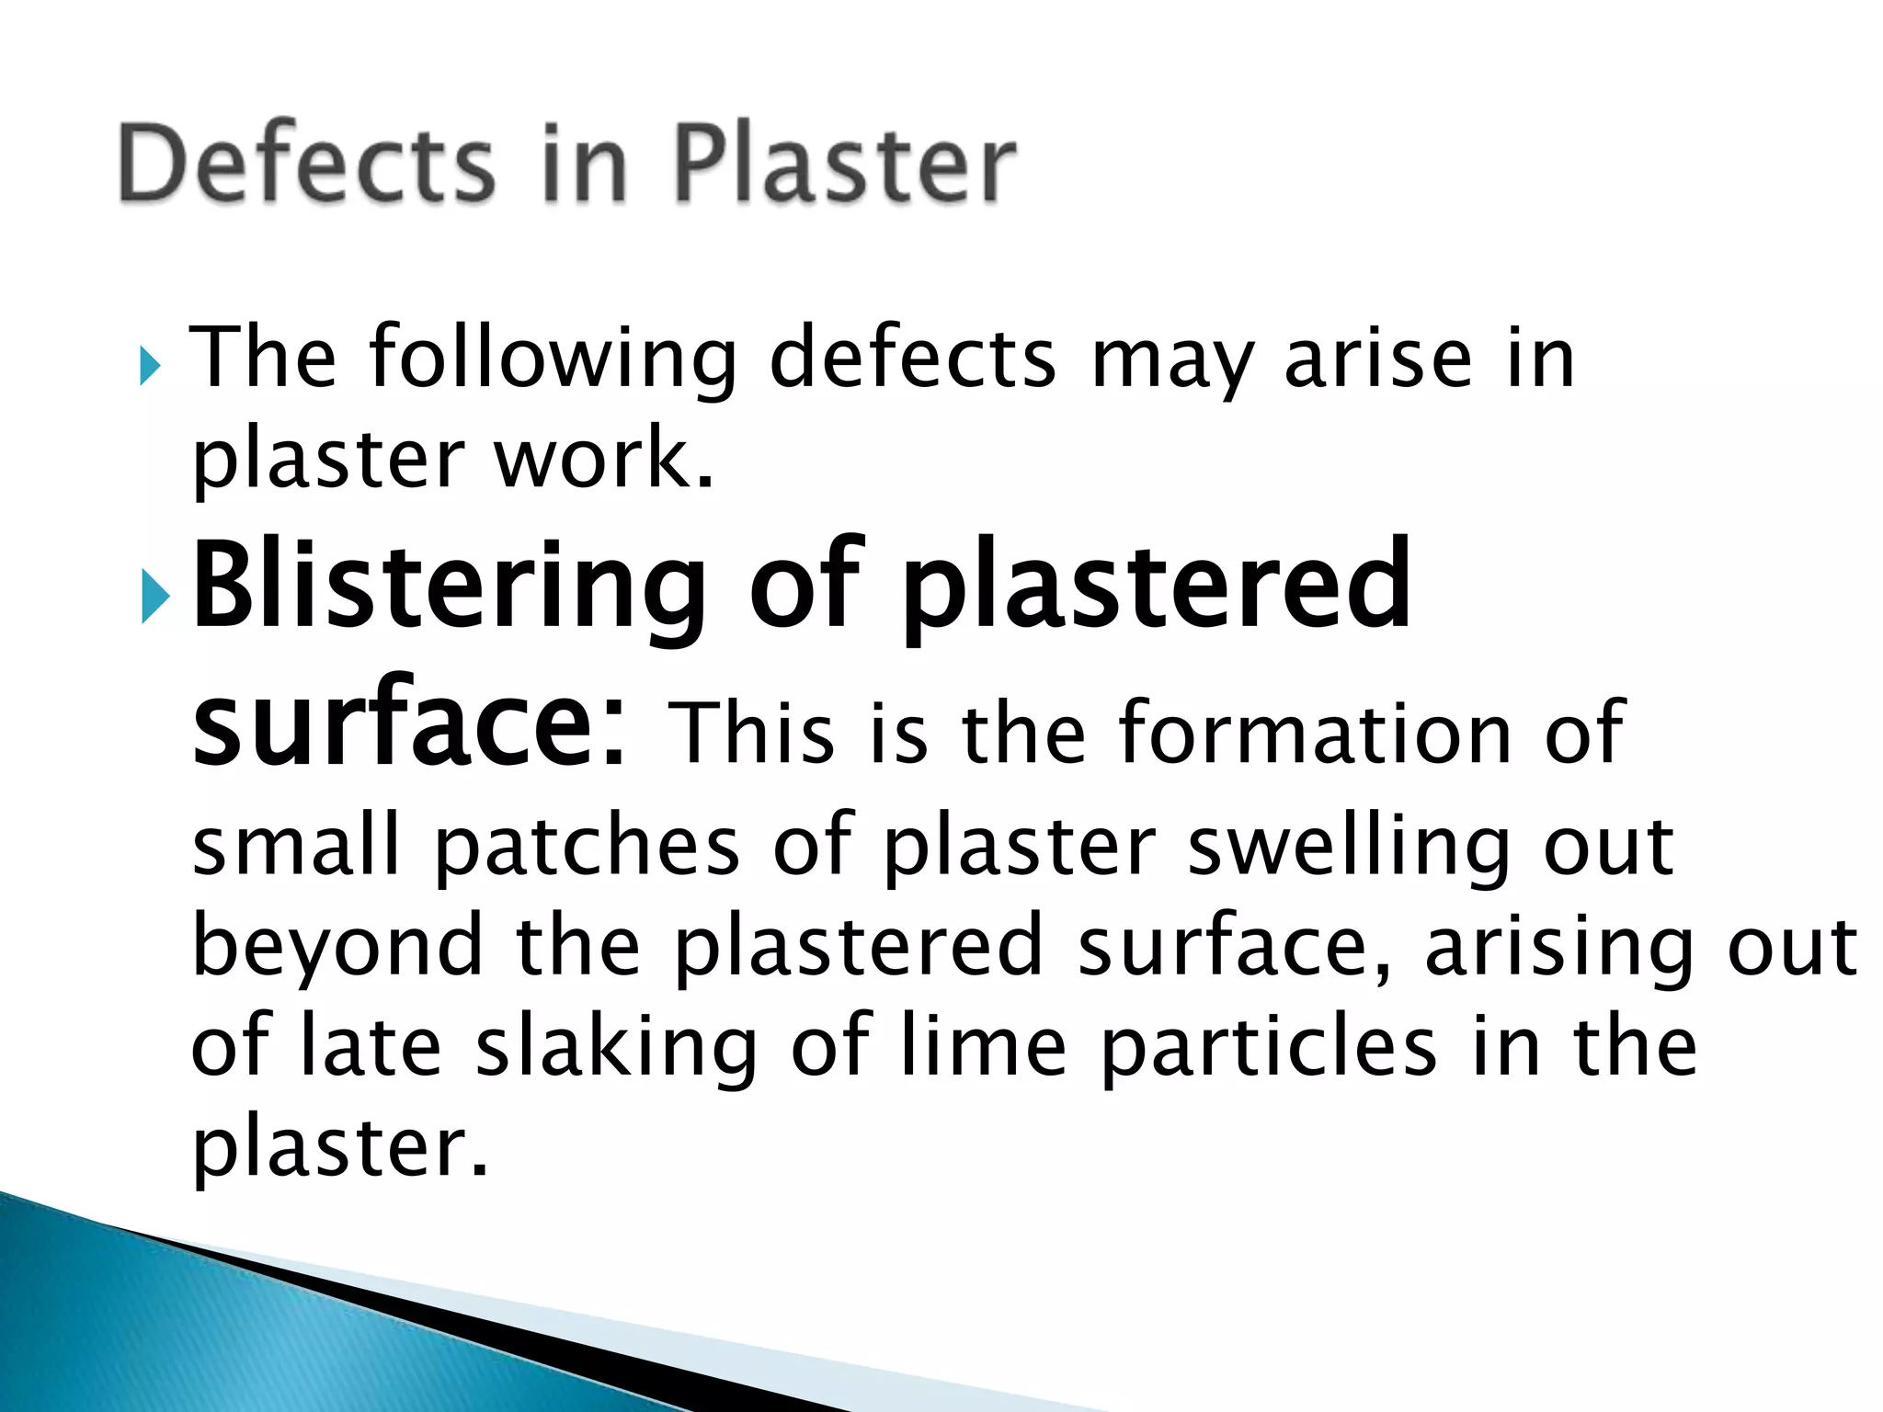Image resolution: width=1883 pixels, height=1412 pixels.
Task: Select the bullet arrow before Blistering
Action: [x=155, y=599]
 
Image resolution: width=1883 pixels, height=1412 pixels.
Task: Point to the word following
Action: [x=552, y=360]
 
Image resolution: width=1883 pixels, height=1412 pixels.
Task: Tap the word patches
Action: [x=587, y=848]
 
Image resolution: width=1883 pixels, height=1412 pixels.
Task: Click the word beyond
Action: [x=337, y=949]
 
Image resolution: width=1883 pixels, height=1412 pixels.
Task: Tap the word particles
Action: [x=1270, y=1050]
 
